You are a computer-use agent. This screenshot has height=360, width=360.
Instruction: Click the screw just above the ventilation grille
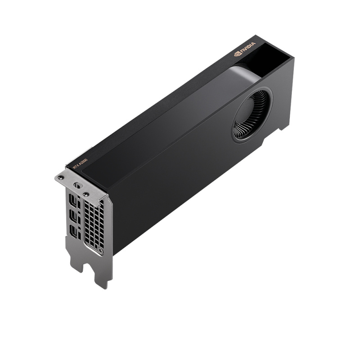[x=85, y=194]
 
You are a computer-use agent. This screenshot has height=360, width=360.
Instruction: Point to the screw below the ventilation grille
[x=101, y=250]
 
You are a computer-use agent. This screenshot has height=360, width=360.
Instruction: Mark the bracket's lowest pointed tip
[x=104, y=287]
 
